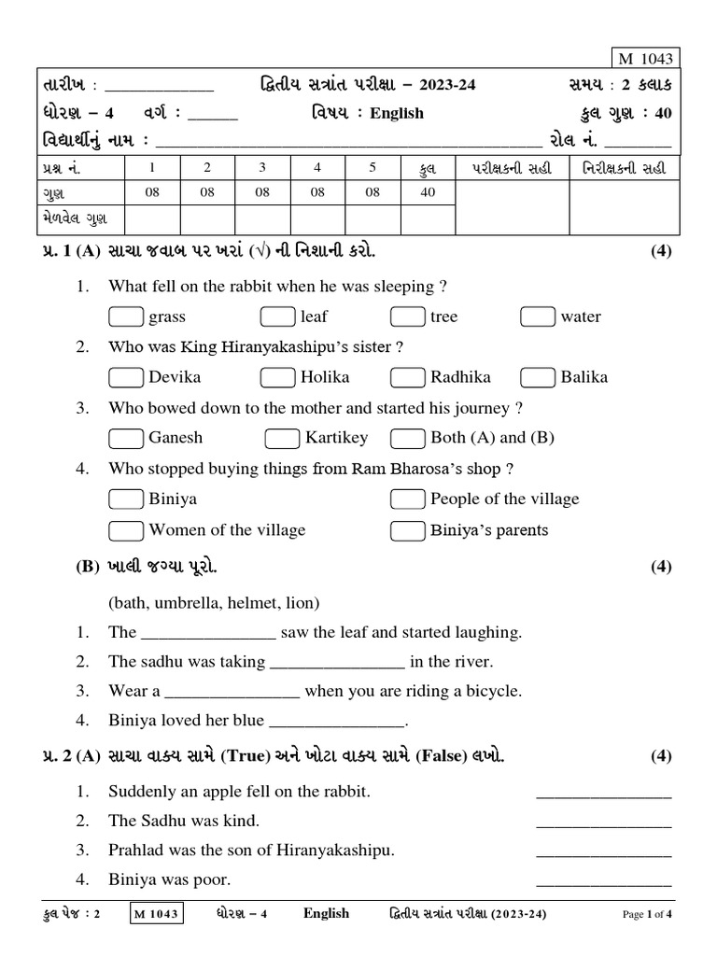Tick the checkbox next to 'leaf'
277,316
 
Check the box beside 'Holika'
277,377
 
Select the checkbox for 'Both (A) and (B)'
407,438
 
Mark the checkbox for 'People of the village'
407,499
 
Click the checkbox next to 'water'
538,316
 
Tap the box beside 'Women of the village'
125,530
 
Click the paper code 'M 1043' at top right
644,59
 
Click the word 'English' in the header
396,113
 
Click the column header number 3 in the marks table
262,167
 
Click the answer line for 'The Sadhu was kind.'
603,822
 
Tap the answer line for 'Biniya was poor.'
603,880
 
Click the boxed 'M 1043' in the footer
156,914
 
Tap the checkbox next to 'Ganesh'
125,438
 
